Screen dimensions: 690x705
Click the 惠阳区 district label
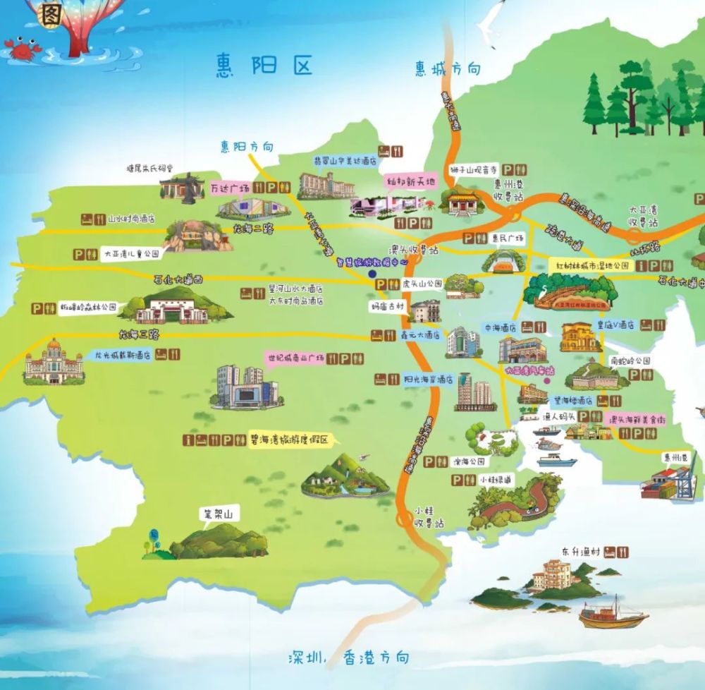tap(264, 66)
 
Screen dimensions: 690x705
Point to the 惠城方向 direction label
tap(448, 68)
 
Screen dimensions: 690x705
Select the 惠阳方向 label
tap(246, 147)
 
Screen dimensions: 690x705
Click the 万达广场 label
tap(231, 188)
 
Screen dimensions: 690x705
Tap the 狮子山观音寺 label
tap(474, 169)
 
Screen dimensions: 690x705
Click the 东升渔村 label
tap(581, 551)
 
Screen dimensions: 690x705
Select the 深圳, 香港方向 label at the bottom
tap(348, 658)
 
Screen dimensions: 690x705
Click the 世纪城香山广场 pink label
tap(295, 358)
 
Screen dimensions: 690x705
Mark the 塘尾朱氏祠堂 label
tap(149, 169)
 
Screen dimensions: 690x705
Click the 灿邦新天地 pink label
tap(412, 181)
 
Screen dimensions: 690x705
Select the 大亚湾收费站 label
tap(643, 216)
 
